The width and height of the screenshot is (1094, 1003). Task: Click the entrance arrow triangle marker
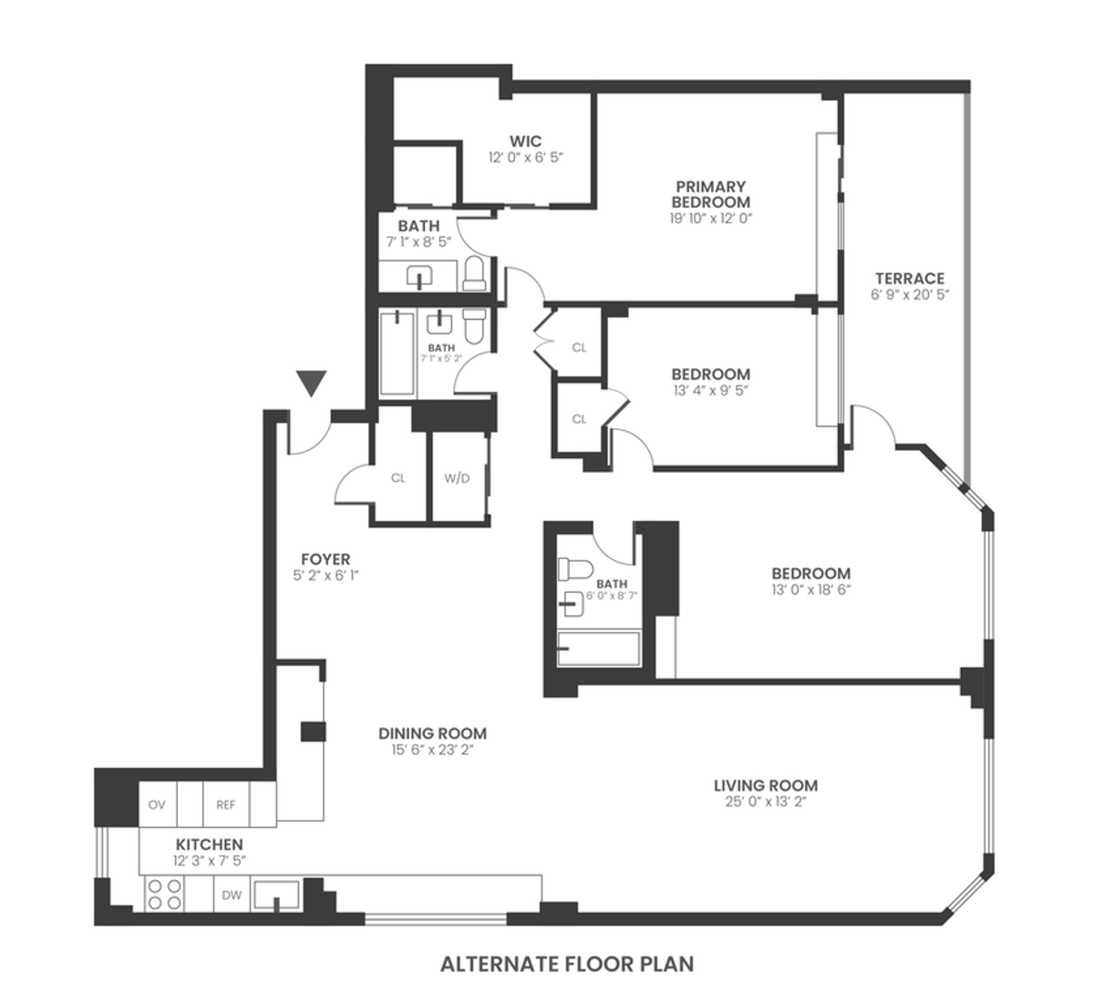coord(313,384)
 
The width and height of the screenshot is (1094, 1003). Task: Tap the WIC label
coord(525,141)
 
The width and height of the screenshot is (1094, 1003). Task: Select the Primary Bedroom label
coord(710,194)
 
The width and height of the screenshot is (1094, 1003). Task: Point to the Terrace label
coord(909,279)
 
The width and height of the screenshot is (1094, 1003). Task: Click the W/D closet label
coord(457,478)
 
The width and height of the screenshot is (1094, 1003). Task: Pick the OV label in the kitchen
coord(157,804)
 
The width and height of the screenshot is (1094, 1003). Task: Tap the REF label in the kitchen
coord(225,804)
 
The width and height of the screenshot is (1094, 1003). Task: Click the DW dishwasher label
coord(232,896)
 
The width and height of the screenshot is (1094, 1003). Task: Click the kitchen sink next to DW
coord(277,896)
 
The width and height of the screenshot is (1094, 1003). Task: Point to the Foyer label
coord(325,559)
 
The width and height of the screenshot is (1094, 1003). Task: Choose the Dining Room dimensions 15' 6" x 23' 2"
coord(432,751)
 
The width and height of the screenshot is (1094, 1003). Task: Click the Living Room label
coord(765,785)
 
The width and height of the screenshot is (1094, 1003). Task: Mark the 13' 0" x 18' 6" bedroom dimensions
coord(810,589)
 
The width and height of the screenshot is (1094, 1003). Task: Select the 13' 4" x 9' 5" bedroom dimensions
coord(710,391)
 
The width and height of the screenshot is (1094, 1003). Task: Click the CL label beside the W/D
coord(397,478)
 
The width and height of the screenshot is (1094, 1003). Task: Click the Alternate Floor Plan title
coord(567,964)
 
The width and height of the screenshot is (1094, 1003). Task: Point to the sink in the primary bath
coord(419,276)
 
